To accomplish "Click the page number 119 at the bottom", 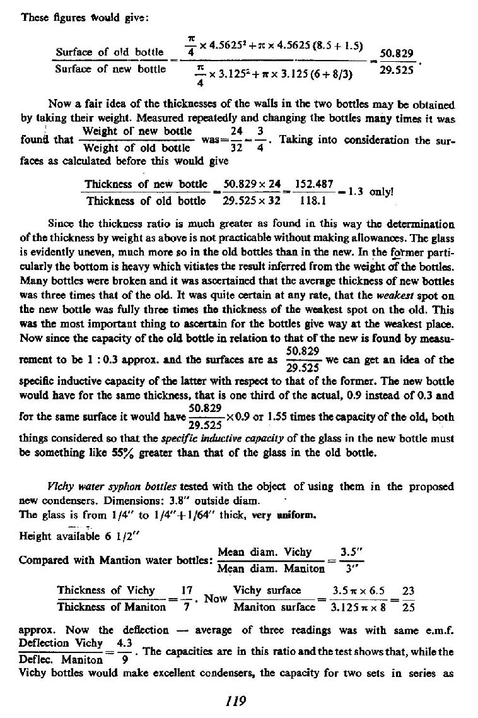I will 239,700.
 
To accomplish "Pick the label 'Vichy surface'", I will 267,591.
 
